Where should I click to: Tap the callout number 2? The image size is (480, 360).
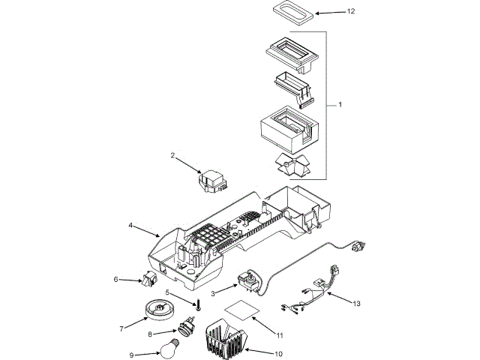[x=172, y=157]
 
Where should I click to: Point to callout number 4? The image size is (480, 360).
[x=130, y=225]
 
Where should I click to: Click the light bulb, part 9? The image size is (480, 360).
[x=166, y=348]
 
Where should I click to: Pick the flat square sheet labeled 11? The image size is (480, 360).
[x=242, y=310]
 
